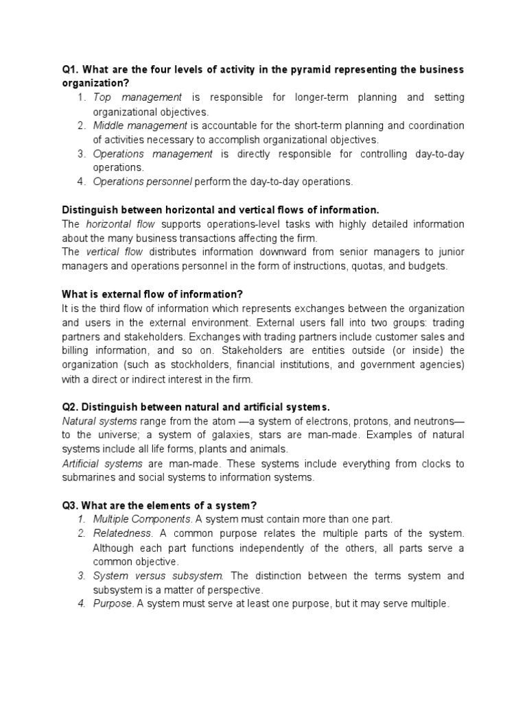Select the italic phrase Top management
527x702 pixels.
137,97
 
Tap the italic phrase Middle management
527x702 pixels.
140,125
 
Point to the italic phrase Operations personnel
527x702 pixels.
143,182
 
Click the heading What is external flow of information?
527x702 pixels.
153,294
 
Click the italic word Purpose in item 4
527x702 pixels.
113,604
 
